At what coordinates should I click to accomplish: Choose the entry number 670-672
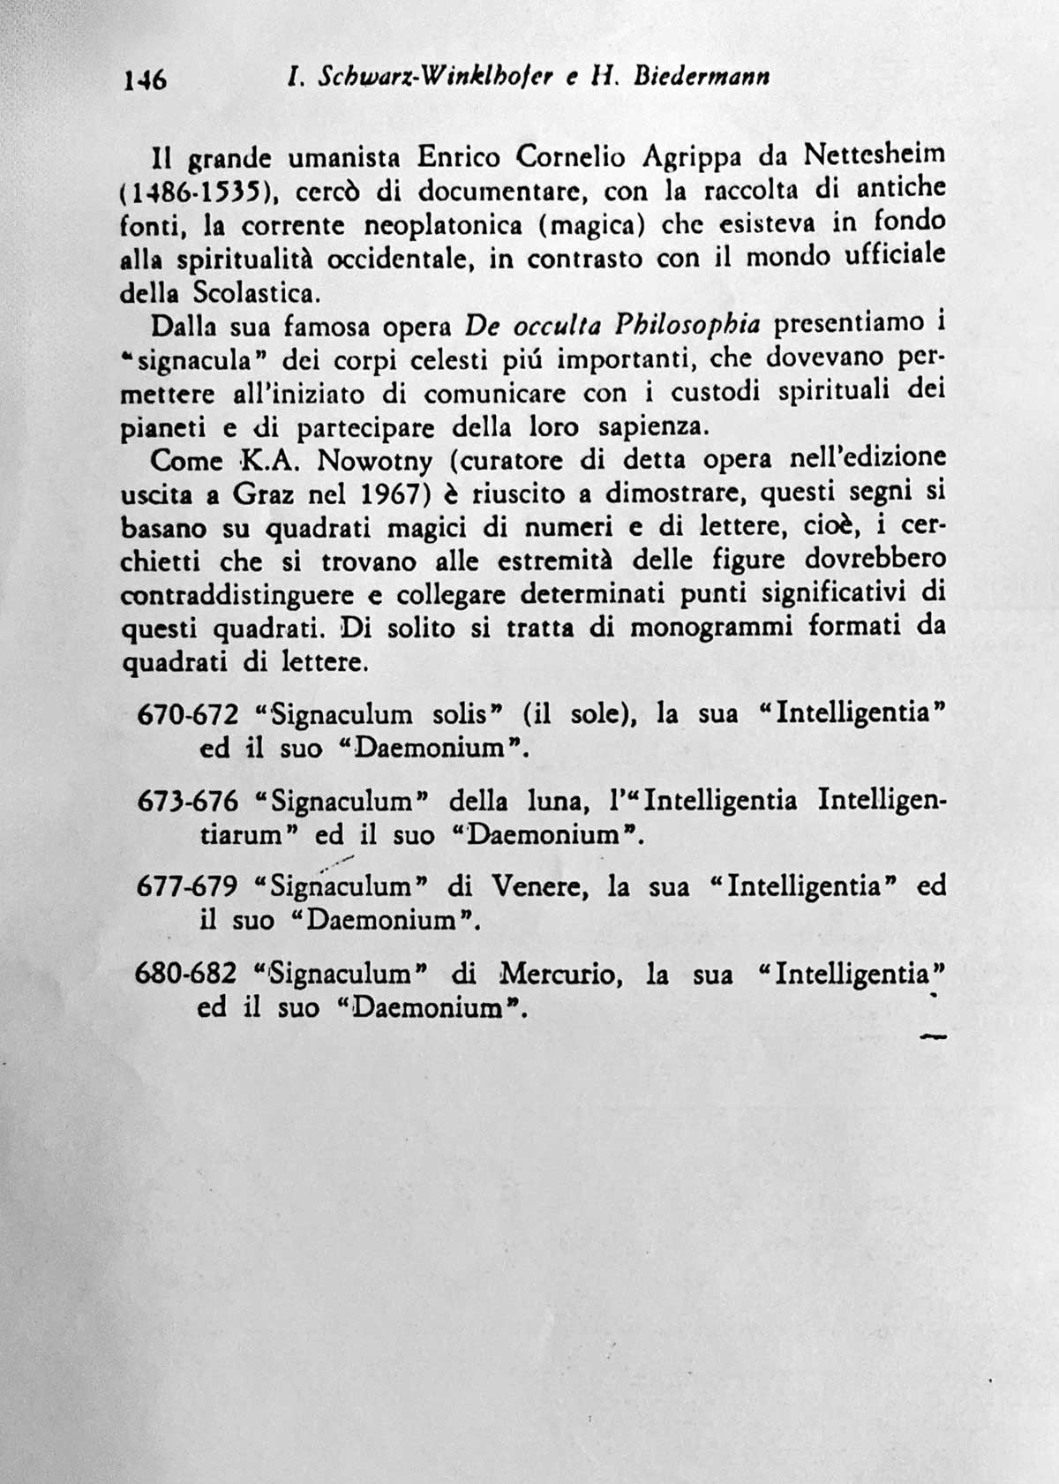[188, 713]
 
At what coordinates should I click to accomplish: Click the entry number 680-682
[186, 974]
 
